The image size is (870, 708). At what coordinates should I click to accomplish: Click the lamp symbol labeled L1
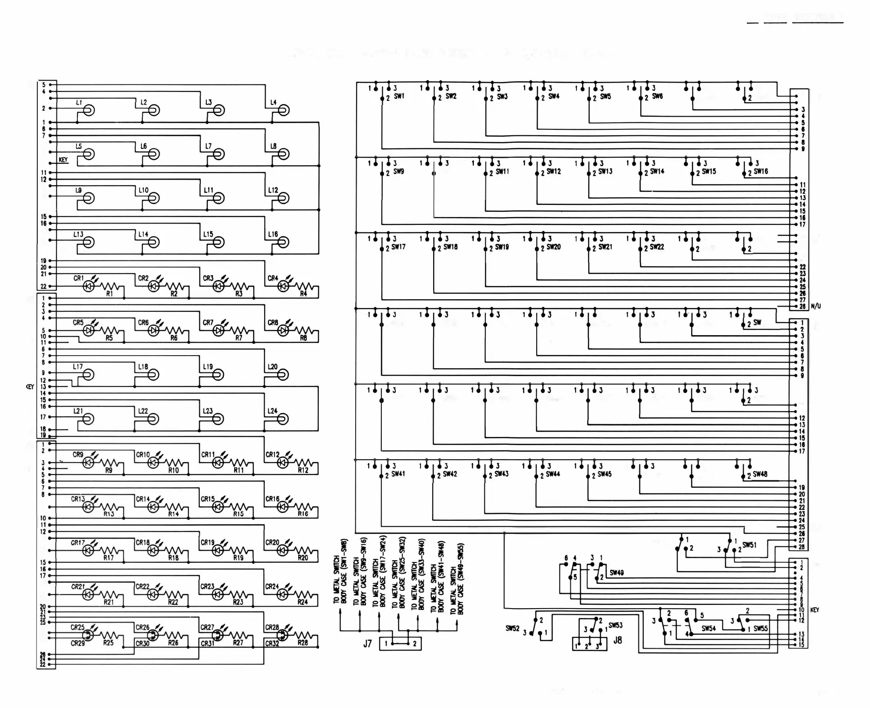coord(89,110)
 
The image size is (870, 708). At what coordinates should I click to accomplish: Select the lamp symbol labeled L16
coord(283,242)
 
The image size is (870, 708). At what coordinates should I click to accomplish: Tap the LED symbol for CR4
coord(283,286)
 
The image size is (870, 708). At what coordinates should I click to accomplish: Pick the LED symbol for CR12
coord(283,463)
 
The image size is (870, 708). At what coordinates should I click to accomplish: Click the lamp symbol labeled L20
coord(283,374)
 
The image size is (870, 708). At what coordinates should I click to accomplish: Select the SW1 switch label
coord(399,96)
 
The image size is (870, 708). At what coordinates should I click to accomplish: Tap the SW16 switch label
coord(761,171)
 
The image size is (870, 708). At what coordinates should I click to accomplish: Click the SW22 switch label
coord(657,247)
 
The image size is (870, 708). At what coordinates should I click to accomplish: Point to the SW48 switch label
coord(760,474)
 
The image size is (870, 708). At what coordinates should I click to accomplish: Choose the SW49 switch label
coord(617,573)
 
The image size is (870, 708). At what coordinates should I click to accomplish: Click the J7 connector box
coord(400,644)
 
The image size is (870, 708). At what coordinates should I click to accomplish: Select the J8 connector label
coord(617,640)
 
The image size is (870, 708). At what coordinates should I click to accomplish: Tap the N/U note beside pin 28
coord(816,306)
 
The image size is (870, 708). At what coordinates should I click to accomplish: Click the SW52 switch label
coord(512,628)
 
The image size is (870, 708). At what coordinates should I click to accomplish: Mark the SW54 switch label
coord(709,628)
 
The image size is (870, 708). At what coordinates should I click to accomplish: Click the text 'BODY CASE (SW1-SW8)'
coord(344,572)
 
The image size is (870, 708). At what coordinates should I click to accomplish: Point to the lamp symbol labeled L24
coord(283,419)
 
